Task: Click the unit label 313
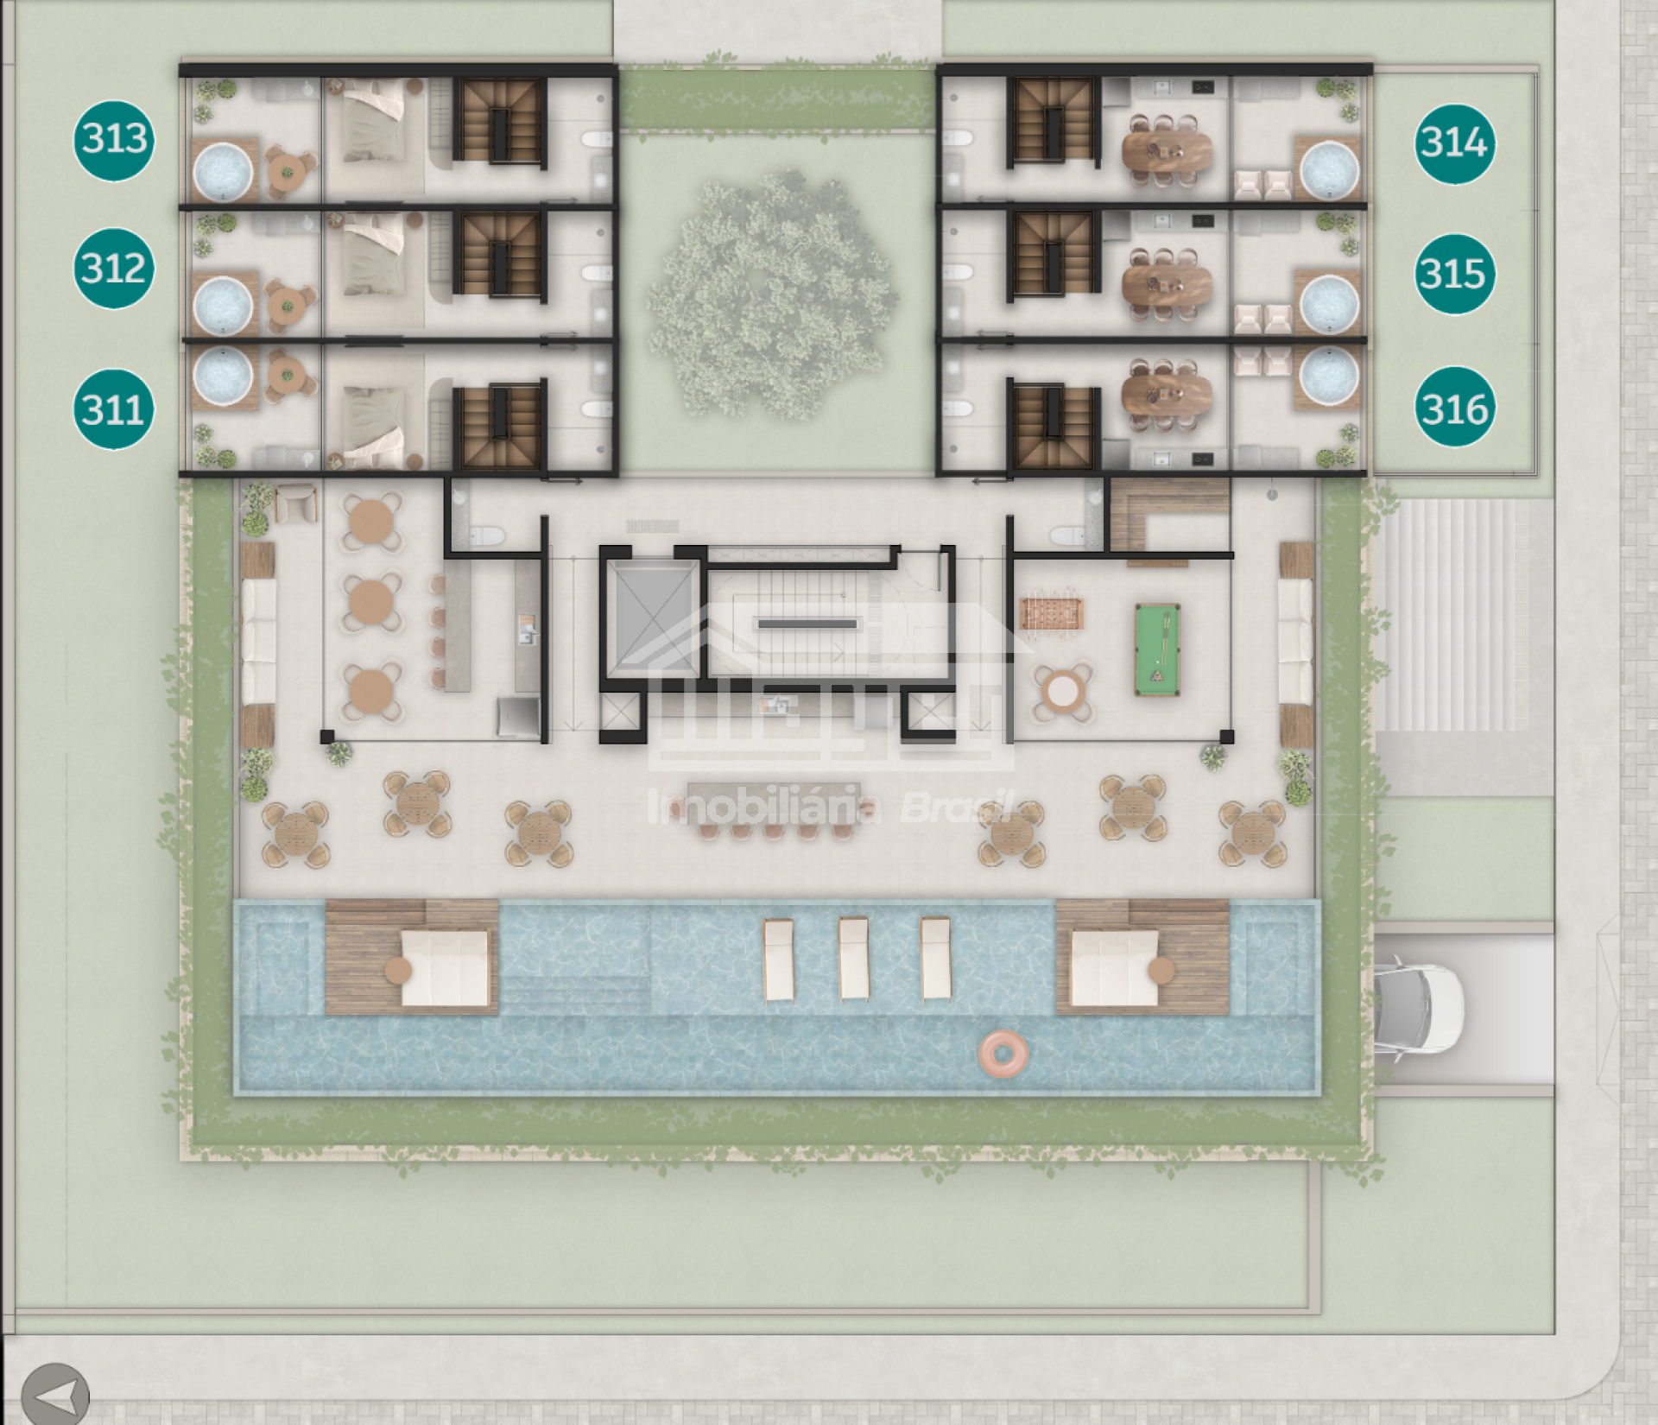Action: click(x=114, y=139)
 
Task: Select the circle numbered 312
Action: click(x=114, y=268)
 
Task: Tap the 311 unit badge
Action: click(x=114, y=408)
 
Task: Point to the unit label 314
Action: click(x=1455, y=143)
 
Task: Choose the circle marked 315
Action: click(x=1455, y=275)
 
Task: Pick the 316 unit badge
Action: click(x=1455, y=408)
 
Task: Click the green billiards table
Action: click(x=1157, y=649)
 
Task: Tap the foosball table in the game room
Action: click(x=1052, y=614)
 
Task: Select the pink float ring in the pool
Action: click(x=1003, y=1053)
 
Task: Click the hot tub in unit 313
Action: click(x=223, y=169)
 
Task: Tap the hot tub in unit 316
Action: click(x=1330, y=377)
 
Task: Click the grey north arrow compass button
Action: click(x=55, y=1393)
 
